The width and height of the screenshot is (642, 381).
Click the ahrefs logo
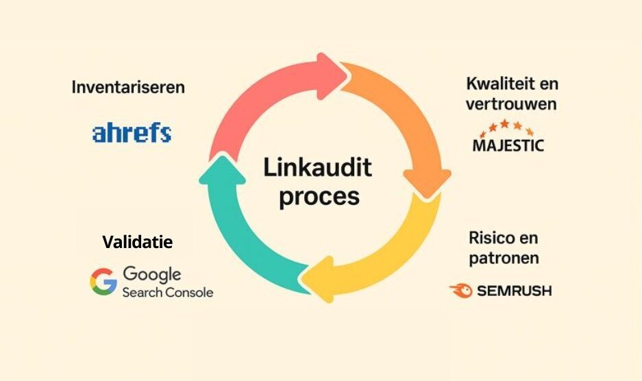132,133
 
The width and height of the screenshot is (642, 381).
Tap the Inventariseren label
128,88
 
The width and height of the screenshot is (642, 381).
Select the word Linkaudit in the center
317,167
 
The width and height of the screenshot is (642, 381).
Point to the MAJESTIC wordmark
508,145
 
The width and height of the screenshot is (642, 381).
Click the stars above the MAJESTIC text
508,127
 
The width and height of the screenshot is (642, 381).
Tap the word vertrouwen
511,105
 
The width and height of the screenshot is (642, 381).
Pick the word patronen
504,258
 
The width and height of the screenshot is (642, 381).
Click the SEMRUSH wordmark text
513,291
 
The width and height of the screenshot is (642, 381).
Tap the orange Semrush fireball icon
460,291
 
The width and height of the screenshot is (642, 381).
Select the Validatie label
138,242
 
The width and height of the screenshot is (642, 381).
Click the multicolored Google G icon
103,282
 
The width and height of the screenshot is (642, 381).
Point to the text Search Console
167,293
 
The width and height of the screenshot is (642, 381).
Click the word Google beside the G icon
152,274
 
